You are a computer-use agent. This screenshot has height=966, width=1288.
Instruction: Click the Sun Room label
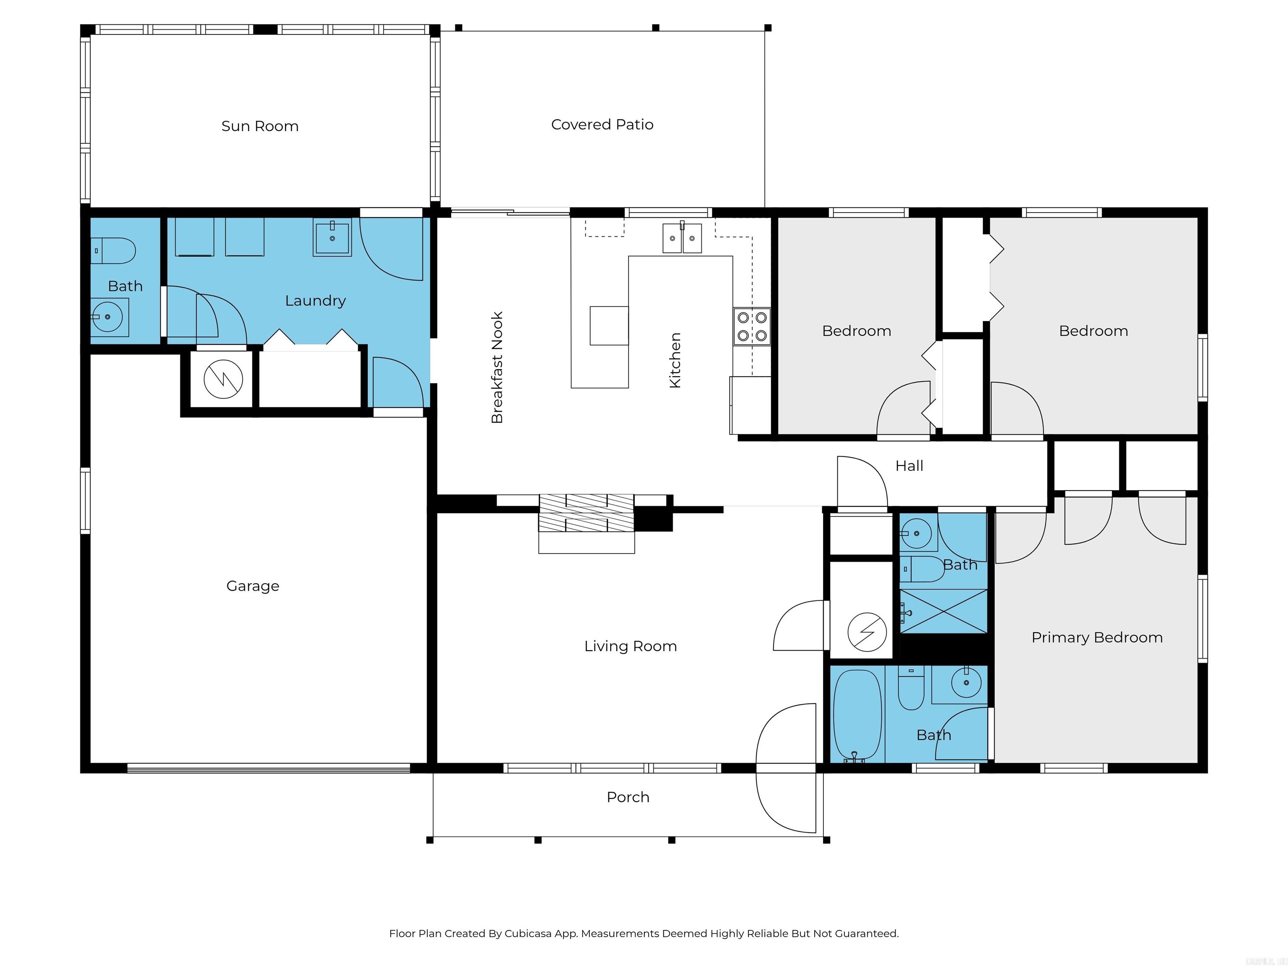coord(260,126)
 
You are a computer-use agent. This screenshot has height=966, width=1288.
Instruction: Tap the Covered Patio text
coord(602,125)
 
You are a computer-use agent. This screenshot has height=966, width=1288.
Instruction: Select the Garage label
coord(253,586)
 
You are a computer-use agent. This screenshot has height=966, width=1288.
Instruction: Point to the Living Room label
coord(630,647)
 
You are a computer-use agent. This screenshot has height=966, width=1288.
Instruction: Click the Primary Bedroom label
coord(1096,638)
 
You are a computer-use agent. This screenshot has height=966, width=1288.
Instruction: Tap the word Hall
coord(909,466)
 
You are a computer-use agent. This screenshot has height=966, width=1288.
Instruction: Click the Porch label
coord(628,797)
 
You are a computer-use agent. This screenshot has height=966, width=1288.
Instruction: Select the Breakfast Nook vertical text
coord(497,367)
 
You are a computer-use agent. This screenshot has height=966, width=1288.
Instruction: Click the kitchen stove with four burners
coord(752,327)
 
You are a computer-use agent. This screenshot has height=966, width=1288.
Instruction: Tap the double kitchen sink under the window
coord(682,238)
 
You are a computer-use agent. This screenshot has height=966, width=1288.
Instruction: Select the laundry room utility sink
coord(332,238)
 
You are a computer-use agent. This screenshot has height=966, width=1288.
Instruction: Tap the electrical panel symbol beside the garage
coord(223,379)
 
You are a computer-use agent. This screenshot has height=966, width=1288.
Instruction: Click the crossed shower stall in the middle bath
coord(943,611)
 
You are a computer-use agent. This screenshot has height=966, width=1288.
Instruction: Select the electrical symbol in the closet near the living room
coord(867,632)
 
